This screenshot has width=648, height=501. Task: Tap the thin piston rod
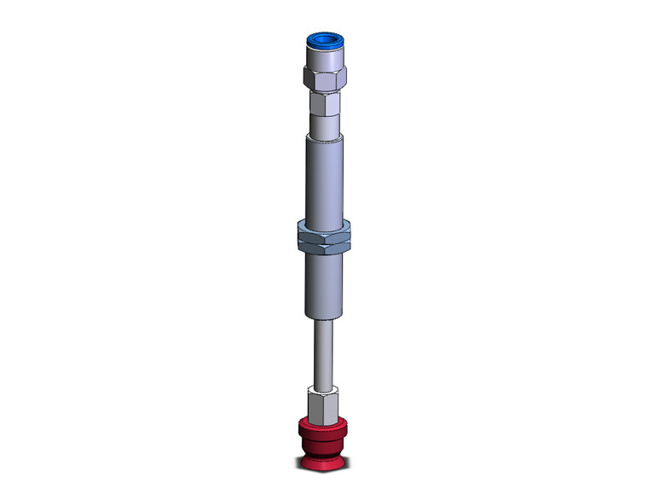tap(324, 350)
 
